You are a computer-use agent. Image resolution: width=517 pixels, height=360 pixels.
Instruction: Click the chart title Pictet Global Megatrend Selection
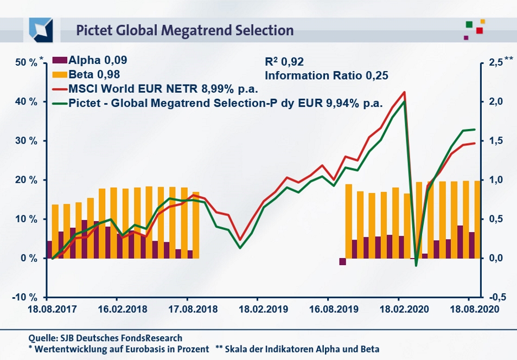pos(184,30)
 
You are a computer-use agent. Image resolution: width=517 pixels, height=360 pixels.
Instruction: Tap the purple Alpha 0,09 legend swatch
pos(59,61)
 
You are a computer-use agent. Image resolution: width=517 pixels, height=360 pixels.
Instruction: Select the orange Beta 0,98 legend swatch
pos(59,75)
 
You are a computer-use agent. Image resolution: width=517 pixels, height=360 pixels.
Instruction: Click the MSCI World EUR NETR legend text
pos(163,89)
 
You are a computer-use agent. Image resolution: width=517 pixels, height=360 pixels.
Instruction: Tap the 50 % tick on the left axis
pos(26,63)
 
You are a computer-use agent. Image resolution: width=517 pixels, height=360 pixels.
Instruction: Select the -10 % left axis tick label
pos(25,297)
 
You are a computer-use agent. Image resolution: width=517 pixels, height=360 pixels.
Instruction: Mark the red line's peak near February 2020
pos(404,92)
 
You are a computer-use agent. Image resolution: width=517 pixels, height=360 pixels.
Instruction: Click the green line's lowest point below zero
pos(416,266)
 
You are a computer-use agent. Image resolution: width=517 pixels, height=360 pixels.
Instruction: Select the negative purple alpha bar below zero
pos(342,261)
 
